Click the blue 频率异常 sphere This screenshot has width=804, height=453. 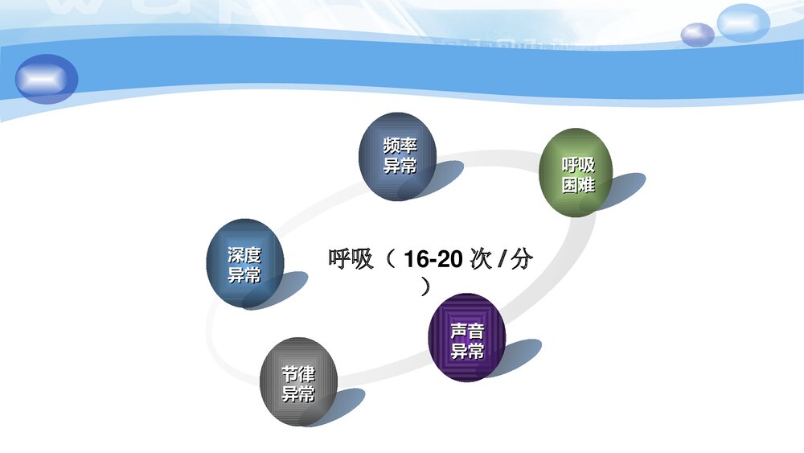point(398,156)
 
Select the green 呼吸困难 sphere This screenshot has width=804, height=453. point(576,172)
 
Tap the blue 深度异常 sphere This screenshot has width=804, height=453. point(245,263)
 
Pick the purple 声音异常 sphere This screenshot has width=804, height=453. point(467,338)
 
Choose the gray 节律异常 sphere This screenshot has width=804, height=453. point(298,381)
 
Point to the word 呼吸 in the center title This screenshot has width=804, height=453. point(351,259)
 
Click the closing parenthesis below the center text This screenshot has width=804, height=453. point(425,286)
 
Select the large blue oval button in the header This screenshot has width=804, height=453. point(47,79)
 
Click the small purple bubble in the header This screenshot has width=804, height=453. point(697,35)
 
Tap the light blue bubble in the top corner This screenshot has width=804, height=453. point(744,22)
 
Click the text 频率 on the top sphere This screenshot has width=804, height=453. point(400,147)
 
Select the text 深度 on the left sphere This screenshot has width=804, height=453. point(244,255)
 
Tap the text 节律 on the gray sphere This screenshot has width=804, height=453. point(298,374)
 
